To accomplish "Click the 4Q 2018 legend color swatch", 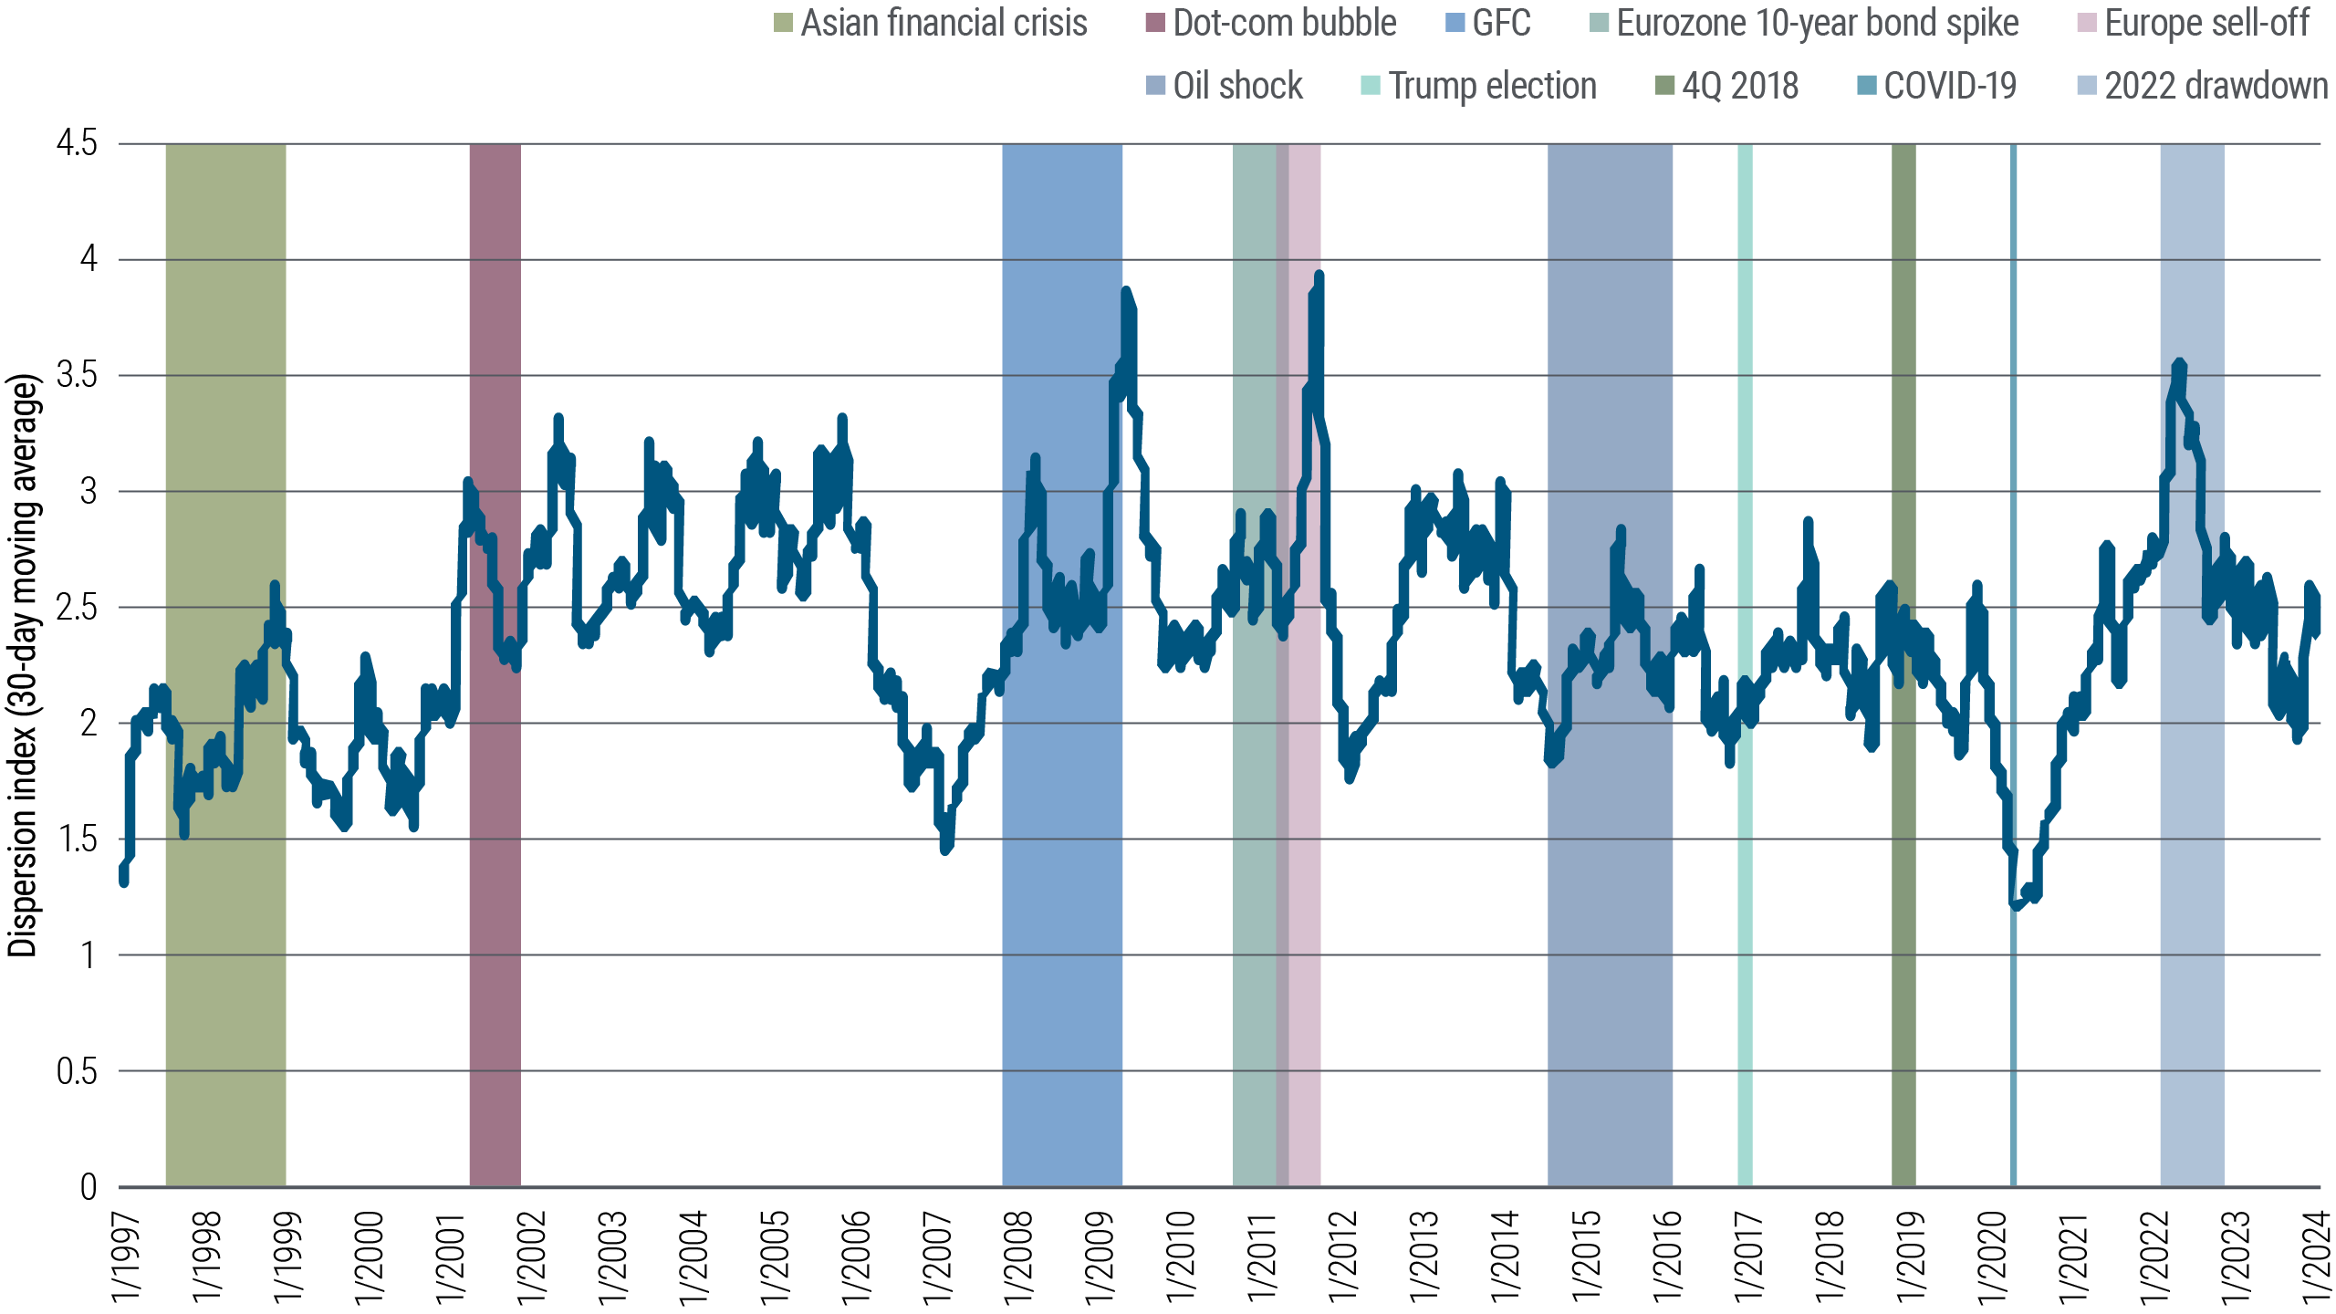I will (x=1665, y=86).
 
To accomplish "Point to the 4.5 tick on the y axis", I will (x=77, y=143).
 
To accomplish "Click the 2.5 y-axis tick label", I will (x=77, y=608).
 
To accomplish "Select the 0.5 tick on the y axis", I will (x=77, y=1071).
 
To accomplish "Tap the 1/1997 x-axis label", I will (x=126, y=1257).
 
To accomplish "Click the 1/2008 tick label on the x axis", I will (x=1017, y=1257).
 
